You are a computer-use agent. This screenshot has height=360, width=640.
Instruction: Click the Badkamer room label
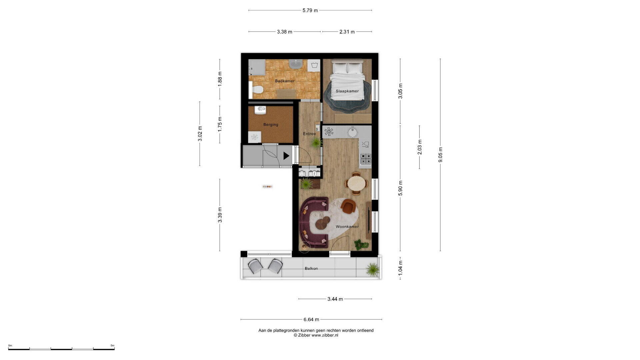pyautogui.click(x=285, y=81)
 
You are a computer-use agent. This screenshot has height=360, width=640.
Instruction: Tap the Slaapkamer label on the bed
pyautogui.click(x=347, y=91)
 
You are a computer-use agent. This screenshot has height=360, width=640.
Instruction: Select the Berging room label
pyautogui.click(x=271, y=125)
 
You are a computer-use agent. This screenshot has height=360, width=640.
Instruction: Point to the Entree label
pyautogui.click(x=309, y=134)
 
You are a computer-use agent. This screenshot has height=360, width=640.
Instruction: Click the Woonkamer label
pyautogui.click(x=347, y=227)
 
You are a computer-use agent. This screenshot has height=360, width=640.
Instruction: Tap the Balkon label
pyautogui.click(x=311, y=268)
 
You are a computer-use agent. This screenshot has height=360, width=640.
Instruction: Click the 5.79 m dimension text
pyautogui.click(x=310, y=10)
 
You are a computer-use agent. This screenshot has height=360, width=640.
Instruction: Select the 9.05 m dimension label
pyautogui.click(x=440, y=155)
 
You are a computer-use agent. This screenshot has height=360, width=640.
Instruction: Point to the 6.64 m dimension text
pyautogui.click(x=311, y=319)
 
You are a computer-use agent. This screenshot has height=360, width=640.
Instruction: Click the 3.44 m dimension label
pyautogui.click(x=335, y=299)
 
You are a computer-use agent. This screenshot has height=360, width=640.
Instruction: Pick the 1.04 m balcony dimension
pyautogui.click(x=400, y=268)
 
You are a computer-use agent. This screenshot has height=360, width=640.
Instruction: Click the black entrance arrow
pyautogui.click(x=286, y=156)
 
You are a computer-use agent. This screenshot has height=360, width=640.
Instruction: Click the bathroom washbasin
pyautogui.click(x=295, y=64)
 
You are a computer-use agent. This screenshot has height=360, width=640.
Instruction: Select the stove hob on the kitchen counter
pyautogui.click(x=366, y=159)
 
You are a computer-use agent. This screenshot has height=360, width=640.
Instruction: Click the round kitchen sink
pyautogui.click(x=353, y=132)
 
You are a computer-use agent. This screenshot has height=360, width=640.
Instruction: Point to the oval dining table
pyautogui.click(x=356, y=183)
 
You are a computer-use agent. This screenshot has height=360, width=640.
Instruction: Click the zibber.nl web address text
pyautogui.click(x=325, y=335)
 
